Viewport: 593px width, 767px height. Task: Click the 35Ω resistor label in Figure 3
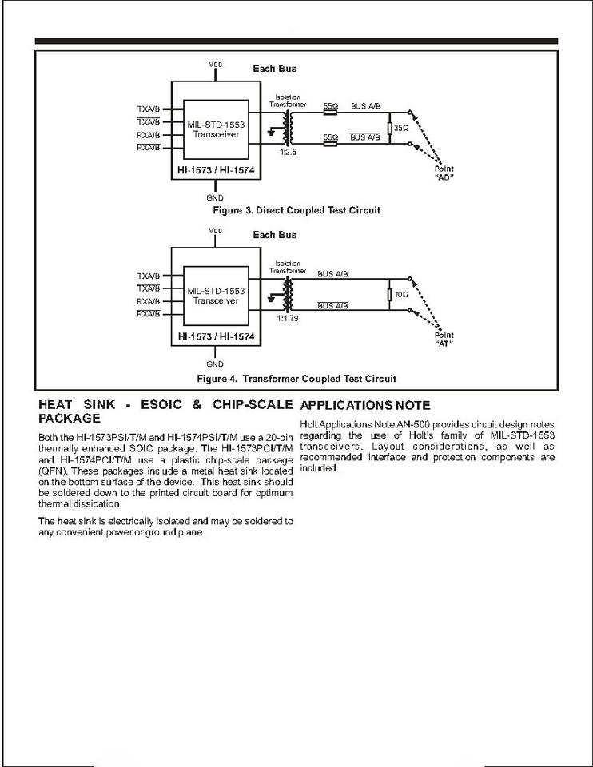(x=402, y=128)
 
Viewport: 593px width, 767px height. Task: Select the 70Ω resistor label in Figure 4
(x=402, y=295)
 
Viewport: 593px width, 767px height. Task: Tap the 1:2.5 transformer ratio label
(x=288, y=152)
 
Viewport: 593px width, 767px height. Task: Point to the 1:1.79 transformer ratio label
(x=288, y=318)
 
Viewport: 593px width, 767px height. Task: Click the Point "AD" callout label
(x=445, y=174)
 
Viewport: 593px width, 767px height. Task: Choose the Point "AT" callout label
(x=445, y=340)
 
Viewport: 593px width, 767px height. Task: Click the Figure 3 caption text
(x=296, y=210)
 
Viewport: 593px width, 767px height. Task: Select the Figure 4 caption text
(x=296, y=378)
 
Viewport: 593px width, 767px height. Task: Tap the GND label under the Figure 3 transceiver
(x=215, y=197)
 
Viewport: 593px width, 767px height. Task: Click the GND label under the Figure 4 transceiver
(x=215, y=364)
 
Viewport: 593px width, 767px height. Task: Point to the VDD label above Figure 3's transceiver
(x=215, y=64)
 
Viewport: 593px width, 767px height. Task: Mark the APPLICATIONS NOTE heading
(x=365, y=406)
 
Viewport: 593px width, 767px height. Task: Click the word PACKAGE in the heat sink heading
(x=70, y=418)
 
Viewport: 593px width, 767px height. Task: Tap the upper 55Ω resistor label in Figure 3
(x=330, y=106)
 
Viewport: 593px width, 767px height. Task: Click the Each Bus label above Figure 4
(x=274, y=235)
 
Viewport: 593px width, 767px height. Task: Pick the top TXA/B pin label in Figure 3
(x=149, y=109)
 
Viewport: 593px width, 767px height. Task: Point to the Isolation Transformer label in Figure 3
(x=288, y=101)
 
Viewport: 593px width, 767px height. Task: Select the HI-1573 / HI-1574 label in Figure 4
(x=217, y=337)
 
